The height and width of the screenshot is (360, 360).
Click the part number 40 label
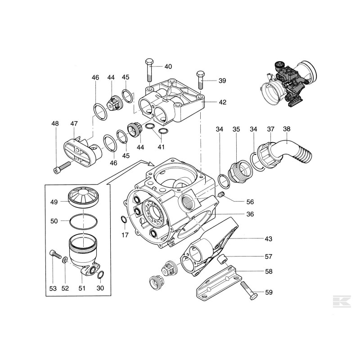[x=168, y=67]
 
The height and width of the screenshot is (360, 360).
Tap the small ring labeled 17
[x=125, y=220]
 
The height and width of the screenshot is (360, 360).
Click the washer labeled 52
[x=65, y=260]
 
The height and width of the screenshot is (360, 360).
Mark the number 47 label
[x=74, y=123]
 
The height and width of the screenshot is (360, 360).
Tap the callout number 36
[x=250, y=214]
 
